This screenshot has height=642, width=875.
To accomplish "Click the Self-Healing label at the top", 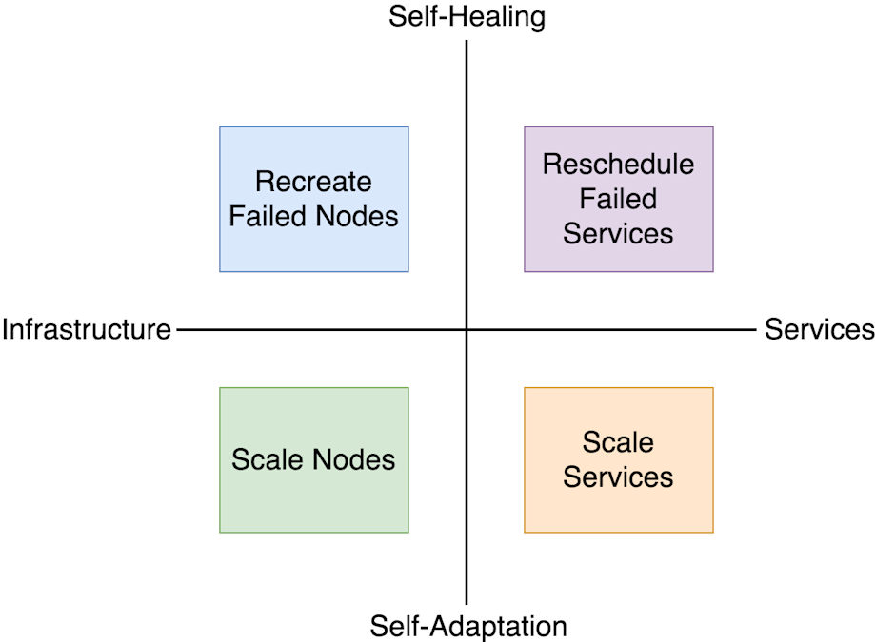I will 467,17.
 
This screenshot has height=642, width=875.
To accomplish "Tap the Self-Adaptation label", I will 467,626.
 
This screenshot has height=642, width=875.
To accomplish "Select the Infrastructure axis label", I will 87,330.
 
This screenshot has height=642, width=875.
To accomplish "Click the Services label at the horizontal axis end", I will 819,329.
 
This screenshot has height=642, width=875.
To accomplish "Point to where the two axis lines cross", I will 467,330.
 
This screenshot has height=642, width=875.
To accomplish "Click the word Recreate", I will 313,182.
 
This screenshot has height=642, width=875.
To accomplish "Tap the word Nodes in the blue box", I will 355,216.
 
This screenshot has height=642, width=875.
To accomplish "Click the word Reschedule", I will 618,165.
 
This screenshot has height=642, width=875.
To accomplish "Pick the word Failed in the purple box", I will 618,199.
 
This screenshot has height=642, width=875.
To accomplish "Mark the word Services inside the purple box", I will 618,233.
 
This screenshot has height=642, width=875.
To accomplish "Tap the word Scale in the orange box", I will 618,442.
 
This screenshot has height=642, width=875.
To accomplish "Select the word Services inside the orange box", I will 618,477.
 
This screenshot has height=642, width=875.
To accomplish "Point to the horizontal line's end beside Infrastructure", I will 179,330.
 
